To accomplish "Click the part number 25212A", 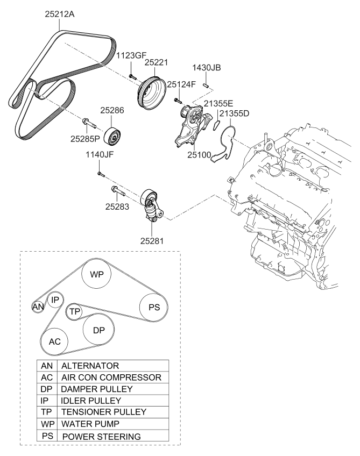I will point(59,15).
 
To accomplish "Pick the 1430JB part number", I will point(207,68).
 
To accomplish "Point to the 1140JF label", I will point(100,156).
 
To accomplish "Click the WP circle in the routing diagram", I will point(97,274).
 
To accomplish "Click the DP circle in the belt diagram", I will point(98,330).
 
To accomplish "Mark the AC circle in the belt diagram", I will point(55,341).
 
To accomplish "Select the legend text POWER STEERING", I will point(102,437).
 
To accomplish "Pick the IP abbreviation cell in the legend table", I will point(45,401).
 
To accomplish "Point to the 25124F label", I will point(182,84).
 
